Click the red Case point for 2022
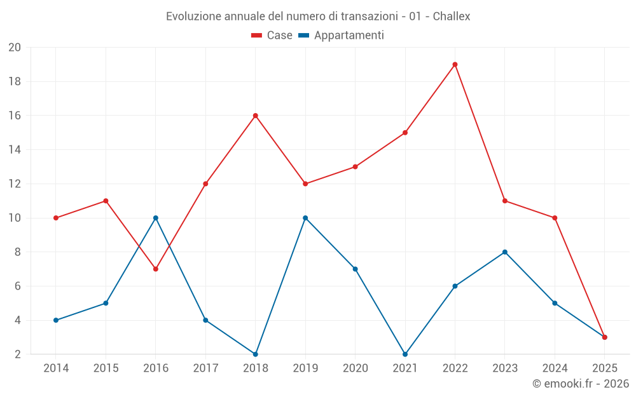[x=455, y=64]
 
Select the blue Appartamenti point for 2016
[x=156, y=218]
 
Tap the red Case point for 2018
[x=256, y=116]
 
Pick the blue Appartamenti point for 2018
[x=256, y=354]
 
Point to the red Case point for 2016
[x=156, y=269]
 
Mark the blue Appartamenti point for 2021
[x=405, y=354]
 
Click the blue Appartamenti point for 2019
[x=305, y=218]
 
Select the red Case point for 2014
[x=56, y=218]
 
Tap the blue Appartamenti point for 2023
[x=505, y=252]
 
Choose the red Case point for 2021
[x=405, y=133]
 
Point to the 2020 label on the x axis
[x=356, y=368]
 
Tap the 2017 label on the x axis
[x=205, y=368]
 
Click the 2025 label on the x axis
[x=605, y=368]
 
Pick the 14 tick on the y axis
[x=15, y=150]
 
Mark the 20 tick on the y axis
[x=15, y=48]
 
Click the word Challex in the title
[x=452, y=17]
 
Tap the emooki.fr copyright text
[x=581, y=384]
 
